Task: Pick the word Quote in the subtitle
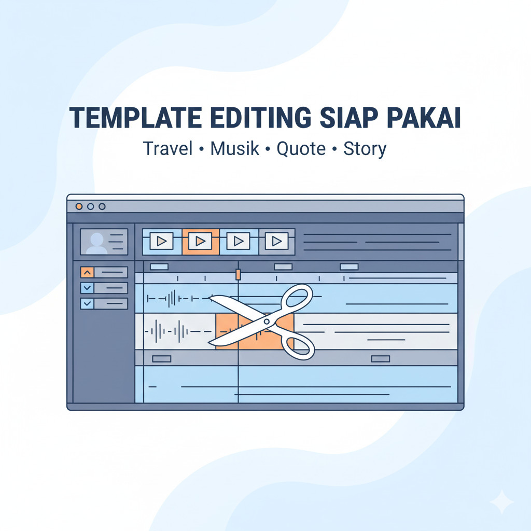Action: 301,149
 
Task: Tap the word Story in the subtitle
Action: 365,149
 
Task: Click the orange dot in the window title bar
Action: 79,206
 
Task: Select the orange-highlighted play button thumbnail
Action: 201,241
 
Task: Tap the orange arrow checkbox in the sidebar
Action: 87,272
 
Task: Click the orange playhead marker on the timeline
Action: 238,274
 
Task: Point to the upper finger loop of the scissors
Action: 297,300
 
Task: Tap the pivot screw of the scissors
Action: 267,322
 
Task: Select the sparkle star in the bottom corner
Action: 502,502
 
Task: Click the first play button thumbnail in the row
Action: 161,241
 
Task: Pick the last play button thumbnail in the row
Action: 276,241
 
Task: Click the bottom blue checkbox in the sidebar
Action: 87,304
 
